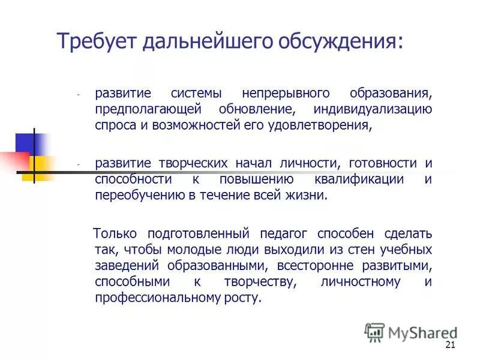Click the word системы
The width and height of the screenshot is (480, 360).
[x=197, y=94]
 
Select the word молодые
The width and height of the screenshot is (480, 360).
[x=190, y=249]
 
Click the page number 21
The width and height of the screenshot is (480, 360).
[x=451, y=344]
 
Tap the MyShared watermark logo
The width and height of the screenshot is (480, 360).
[x=411, y=332]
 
